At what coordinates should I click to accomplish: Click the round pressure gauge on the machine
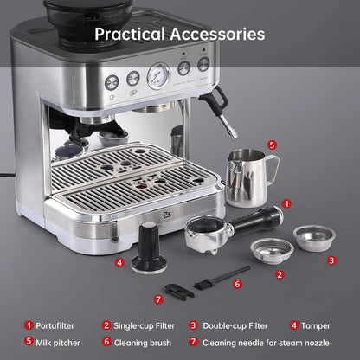pos(158,75)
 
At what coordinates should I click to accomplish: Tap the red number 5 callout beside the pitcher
pos(271,145)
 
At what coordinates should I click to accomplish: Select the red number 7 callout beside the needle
pos(157,299)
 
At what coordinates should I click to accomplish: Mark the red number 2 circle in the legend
pos(106,325)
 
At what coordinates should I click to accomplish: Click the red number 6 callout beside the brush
pos(237,283)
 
